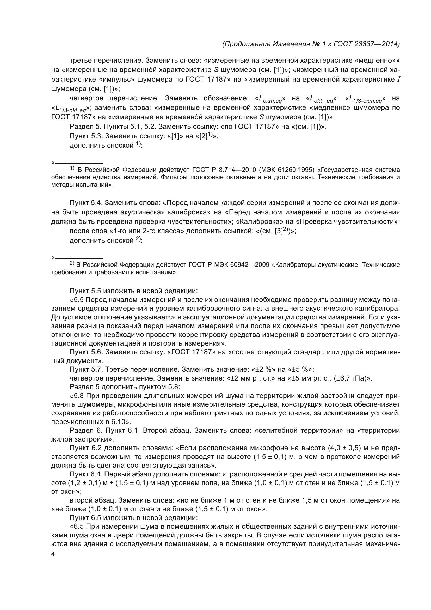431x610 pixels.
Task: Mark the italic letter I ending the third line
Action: point(398,80)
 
